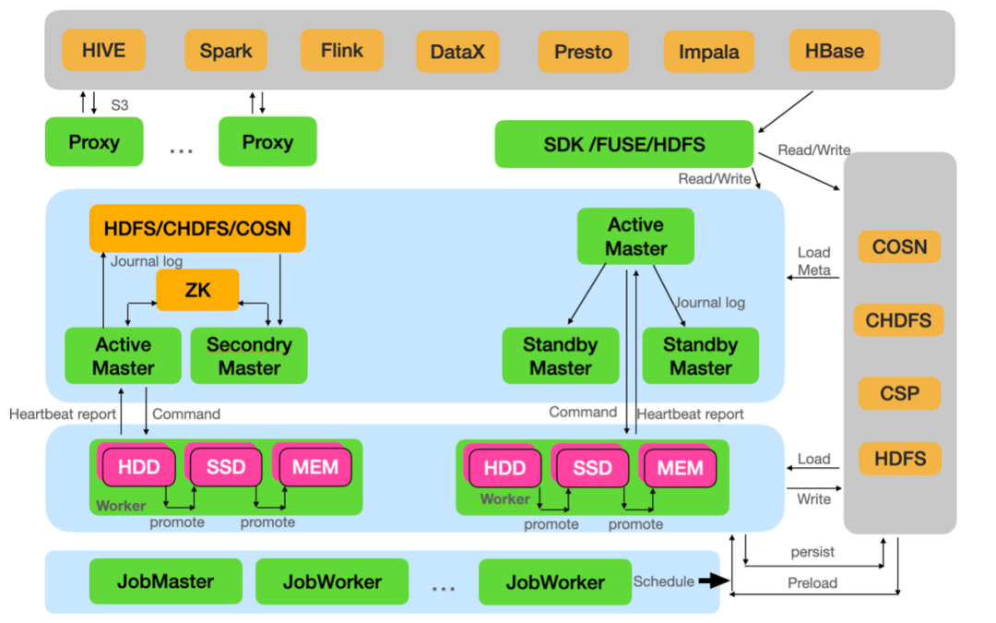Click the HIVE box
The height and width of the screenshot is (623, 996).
103,50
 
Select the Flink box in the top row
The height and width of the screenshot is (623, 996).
342,50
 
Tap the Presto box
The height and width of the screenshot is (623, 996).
583,52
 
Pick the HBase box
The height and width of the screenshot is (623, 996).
835,50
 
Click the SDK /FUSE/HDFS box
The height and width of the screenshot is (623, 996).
624,144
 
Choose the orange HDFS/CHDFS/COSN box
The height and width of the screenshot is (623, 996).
197,227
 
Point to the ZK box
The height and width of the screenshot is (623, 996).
197,290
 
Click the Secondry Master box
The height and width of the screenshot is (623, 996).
249,355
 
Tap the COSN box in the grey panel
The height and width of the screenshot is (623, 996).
899,246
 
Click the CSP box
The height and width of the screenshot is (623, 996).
899,393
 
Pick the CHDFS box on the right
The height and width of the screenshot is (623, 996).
899,320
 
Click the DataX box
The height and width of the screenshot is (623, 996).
457,52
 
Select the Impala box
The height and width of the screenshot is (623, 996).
708,52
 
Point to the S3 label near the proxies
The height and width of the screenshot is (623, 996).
120,105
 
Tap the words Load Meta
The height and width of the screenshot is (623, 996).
814,261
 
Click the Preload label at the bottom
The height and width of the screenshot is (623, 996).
812,583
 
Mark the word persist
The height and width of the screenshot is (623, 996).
812,552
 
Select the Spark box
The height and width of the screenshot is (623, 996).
226,50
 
